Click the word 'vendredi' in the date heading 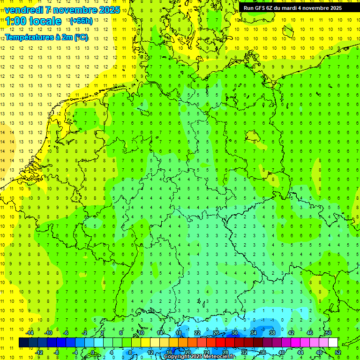click(23, 10)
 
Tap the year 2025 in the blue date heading click(109, 10)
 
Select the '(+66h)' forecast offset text click(81, 21)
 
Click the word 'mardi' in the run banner click(296, 8)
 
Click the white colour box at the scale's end click(333, 343)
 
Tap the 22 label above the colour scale click(197, 333)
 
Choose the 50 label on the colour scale click(329, 333)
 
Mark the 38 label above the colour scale click(272, 333)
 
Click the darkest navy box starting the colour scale click(23, 343)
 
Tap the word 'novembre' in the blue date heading click(73, 10)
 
